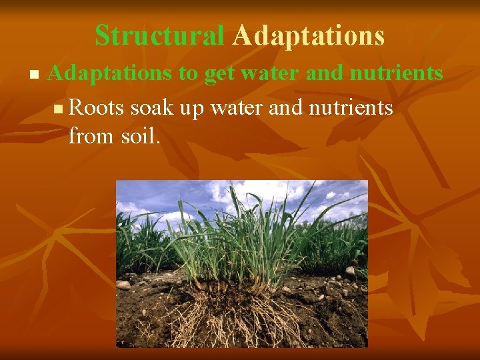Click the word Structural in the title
point(159,36)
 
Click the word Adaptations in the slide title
point(308,36)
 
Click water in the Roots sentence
point(236,107)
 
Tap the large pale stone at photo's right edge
point(351,271)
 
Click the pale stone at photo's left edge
point(123,285)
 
